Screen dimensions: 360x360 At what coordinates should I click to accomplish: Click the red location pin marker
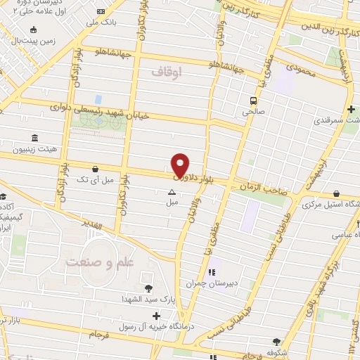coord(181,165)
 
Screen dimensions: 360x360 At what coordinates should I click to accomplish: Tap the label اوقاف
coord(166,71)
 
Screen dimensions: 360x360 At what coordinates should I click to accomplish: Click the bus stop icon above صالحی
coord(253,100)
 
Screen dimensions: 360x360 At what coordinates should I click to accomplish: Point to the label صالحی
coord(252,111)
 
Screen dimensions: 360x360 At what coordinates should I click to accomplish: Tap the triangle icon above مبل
coord(172,191)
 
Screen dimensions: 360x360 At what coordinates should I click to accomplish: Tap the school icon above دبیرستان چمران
coord(210,273)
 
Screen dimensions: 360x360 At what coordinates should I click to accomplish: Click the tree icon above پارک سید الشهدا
coord(148,288)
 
